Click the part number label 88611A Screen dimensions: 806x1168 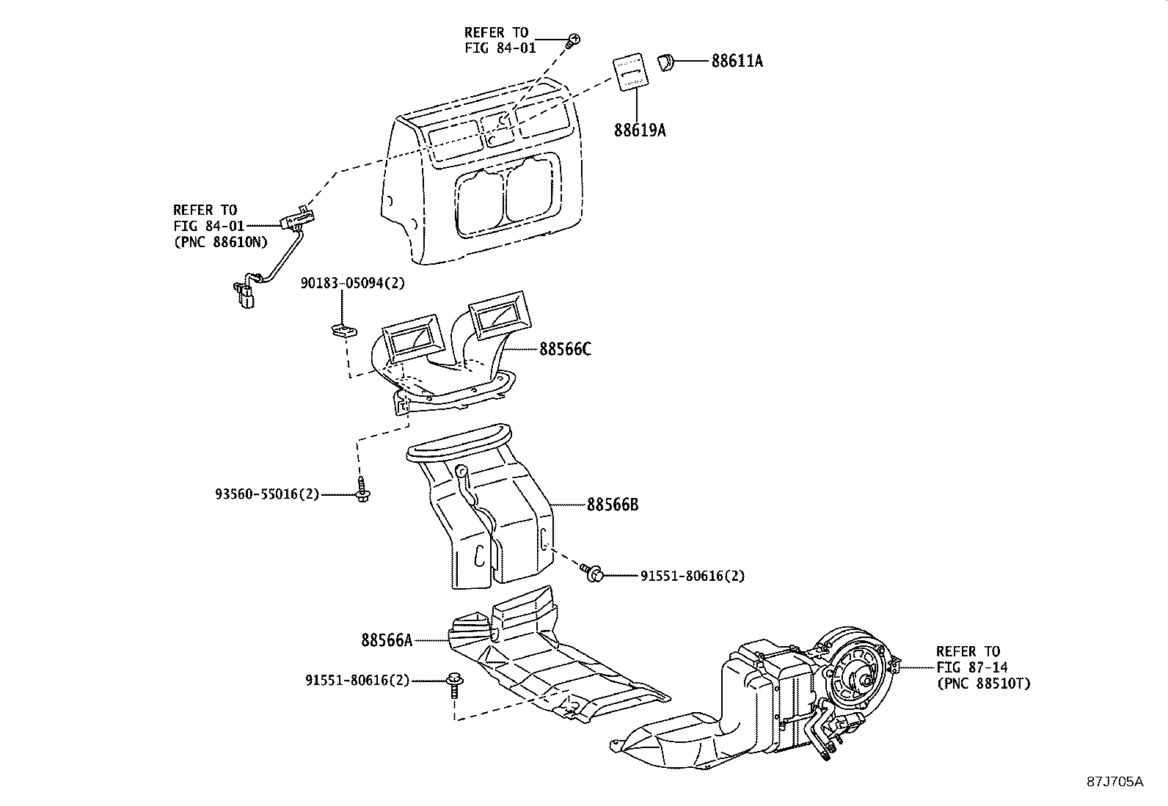point(737,61)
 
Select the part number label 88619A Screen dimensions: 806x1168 point(640,131)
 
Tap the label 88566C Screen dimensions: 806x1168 point(565,349)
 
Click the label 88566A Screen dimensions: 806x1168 point(387,640)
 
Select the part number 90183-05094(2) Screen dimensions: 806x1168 point(352,283)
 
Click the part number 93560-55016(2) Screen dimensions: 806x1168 point(267,494)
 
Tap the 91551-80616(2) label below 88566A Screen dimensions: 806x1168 point(357,681)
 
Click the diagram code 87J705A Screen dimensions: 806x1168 point(1114,781)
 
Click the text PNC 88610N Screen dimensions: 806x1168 point(220,243)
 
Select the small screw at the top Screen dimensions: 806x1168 point(574,41)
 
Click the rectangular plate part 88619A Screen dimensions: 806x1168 point(629,72)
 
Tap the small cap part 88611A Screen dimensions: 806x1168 point(665,62)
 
